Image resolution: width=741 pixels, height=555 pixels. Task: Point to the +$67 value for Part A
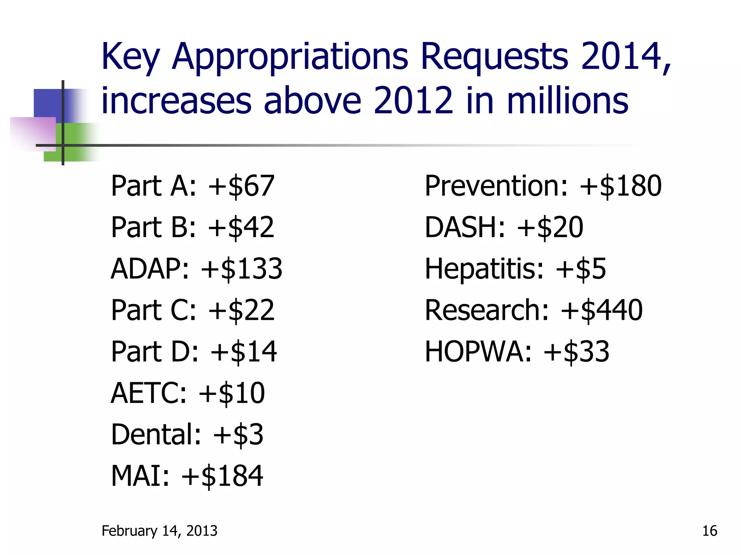[241, 186]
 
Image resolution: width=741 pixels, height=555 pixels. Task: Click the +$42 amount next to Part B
[241, 228]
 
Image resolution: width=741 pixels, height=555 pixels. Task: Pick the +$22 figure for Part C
[241, 310]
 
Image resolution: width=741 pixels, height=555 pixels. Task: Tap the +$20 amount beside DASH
[550, 228]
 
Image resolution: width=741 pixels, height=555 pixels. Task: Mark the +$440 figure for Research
[601, 310]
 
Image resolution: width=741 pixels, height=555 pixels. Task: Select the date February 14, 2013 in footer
[160, 531]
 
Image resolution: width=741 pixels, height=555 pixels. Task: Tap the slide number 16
[710, 531]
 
